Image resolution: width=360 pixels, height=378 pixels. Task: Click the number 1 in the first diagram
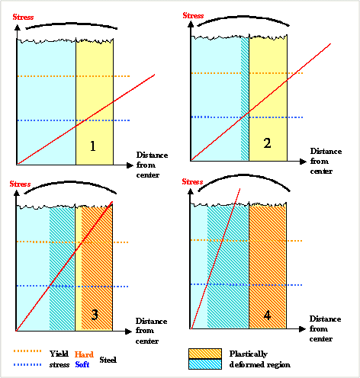93,146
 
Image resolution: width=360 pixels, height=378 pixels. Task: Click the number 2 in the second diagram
267,143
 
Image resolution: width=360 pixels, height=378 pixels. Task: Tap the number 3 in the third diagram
92,312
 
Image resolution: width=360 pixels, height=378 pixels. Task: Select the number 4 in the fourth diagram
266,312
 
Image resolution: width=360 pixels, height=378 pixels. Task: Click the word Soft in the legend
83,364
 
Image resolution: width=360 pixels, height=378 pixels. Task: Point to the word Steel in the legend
108,359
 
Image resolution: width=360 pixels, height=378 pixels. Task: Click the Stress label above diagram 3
20,184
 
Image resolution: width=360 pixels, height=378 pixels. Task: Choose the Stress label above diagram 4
193,182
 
